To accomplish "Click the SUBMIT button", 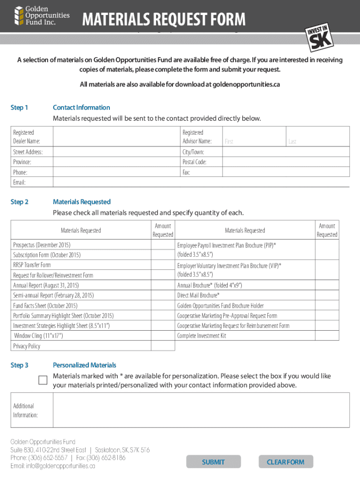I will click(213, 462).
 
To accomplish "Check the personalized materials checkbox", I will click(43, 380).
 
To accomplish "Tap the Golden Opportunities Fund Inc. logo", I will click(42, 15).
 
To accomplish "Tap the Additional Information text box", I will click(201, 410).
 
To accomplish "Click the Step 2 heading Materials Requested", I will click(82, 202).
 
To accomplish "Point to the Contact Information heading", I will click(81, 108).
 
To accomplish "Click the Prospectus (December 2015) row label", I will click(42, 245).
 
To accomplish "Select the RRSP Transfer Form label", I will click(32, 265).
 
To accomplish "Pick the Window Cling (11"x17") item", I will click(38, 336).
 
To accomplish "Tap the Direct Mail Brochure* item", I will click(198, 296).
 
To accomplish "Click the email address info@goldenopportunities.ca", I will click(53, 466).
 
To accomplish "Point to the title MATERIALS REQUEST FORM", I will click(164, 20).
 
